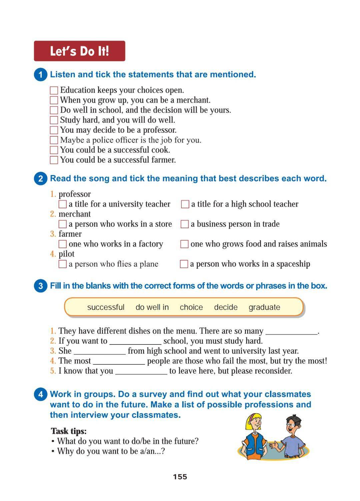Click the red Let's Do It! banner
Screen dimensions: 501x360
[79, 51]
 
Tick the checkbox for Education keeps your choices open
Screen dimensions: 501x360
[54, 90]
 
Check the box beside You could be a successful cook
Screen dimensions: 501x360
[54, 150]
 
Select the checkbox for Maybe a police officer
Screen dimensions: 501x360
[54, 140]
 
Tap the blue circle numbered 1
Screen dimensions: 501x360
[40, 75]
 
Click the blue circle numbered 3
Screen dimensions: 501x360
[40, 286]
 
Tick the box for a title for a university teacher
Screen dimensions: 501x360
[63, 204]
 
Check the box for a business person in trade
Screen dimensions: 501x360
[185, 224]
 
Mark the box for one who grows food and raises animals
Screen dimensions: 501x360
[185, 244]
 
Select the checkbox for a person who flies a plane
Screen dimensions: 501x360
[63, 264]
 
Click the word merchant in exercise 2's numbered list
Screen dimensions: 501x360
[75, 214]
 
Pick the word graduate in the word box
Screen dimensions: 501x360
[264, 307]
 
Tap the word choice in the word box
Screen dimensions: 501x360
[191, 307]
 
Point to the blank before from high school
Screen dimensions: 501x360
[100, 352]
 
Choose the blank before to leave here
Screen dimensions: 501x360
[141, 372]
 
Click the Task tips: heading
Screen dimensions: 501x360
[69, 431]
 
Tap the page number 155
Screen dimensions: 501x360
[180, 477]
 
